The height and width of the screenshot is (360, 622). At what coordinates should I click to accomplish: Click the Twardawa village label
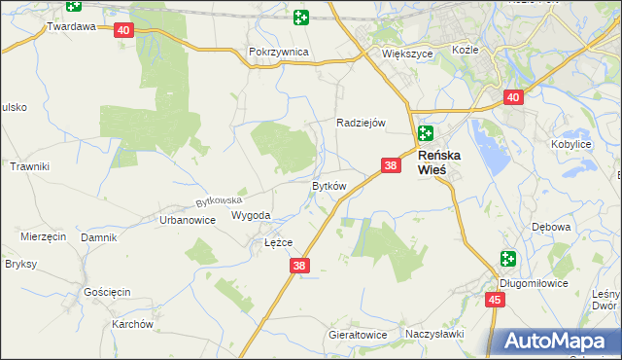point(71,27)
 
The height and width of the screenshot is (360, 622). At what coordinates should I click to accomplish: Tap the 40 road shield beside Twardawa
point(122,30)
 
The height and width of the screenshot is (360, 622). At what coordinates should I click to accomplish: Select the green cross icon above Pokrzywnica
point(301,17)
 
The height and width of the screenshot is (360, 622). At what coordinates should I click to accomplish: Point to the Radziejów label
point(362,123)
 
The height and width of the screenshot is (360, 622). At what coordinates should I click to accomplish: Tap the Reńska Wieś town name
point(445,162)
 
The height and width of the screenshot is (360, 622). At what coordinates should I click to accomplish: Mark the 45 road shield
point(496,300)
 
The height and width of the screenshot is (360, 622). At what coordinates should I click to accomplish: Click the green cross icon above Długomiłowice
point(509,259)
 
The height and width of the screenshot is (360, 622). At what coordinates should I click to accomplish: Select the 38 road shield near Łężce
point(299,266)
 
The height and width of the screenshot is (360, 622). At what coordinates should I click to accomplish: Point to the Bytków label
point(328,186)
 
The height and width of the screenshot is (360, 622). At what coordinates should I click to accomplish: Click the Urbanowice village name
point(187,220)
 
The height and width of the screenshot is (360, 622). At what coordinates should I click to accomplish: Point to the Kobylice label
point(571,144)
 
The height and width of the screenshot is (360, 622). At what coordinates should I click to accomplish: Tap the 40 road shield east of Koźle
point(514,97)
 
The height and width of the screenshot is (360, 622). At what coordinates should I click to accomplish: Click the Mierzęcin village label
point(43,236)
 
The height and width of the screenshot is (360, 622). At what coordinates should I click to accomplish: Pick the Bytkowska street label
point(218,201)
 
